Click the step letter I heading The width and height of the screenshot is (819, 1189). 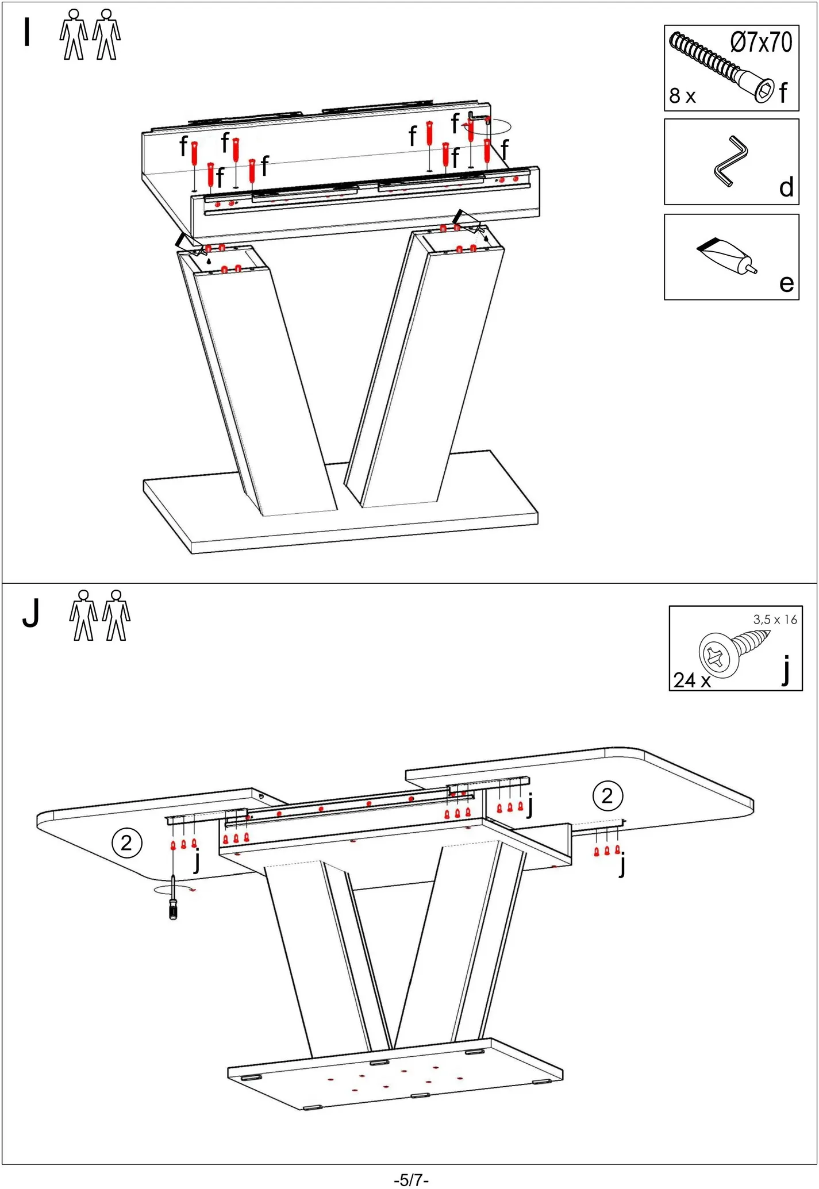[x=26, y=32]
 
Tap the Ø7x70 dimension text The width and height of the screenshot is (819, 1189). [x=761, y=43]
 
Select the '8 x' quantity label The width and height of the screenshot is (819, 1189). [x=682, y=96]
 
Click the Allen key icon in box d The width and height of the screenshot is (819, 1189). [x=730, y=161]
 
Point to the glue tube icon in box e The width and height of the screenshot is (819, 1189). [x=726, y=256]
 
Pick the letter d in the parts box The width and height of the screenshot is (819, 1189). [x=786, y=188]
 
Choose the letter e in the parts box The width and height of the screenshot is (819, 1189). [x=786, y=283]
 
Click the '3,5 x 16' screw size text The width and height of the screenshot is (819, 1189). [x=775, y=620]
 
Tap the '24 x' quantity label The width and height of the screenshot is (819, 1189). [x=692, y=680]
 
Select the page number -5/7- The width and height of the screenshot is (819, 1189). [x=411, y=1180]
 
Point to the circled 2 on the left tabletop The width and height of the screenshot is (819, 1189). [x=126, y=843]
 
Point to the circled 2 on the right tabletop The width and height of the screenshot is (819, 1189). [x=607, y=796]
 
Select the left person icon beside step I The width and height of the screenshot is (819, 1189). [x=74, y=34]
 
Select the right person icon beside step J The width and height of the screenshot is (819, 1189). [x=117, y=615]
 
